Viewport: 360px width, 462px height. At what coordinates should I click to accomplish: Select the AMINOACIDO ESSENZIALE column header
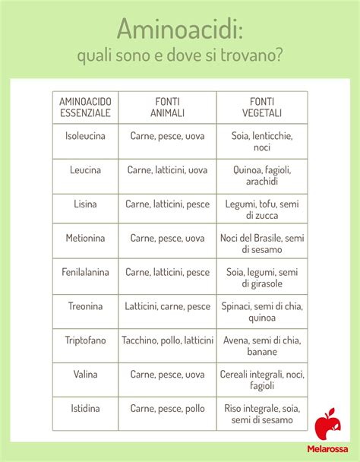click(85, 107)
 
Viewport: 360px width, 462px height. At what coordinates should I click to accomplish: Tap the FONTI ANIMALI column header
click(167, 107)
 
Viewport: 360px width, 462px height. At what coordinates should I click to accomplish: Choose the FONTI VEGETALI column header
click(261, 107)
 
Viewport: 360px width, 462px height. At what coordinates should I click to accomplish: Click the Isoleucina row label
click(85, 136)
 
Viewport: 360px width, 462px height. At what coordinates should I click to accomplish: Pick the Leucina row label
click(85, 170)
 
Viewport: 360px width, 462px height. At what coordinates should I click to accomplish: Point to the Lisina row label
click(85, 204)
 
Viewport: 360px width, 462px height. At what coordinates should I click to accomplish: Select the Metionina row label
click(85, 238)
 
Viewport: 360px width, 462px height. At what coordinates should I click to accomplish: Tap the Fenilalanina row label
click(85, 272)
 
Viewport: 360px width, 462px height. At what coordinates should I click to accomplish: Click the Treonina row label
click(85, 306)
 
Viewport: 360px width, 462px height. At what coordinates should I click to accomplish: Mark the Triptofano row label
click(85, 340)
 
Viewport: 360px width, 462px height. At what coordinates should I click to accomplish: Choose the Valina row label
click(85, 375)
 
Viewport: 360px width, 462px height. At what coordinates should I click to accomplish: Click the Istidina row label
click(85, 409)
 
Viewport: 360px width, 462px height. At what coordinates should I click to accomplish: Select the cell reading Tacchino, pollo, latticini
click(167, 340)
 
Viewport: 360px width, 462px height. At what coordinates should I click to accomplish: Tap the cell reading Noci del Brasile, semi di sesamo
click(261, 243)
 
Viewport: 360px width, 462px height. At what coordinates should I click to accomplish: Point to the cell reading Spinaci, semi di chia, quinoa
click(261, 312)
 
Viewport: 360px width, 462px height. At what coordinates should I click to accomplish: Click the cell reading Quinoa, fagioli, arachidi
click(261, 176)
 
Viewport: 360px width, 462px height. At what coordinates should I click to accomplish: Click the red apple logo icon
click(328, 425)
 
